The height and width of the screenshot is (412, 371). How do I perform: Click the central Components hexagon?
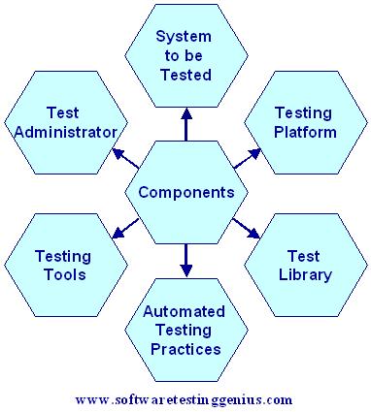coord(185,192)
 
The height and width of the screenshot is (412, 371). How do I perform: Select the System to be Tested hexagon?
coord(185,56)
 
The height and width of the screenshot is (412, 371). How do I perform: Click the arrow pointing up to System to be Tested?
coord(185,125)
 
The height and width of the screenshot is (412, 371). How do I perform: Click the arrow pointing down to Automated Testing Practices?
coord(185,257)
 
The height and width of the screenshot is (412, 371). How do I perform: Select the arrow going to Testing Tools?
coord(123,230)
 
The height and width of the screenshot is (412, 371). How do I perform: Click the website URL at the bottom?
coord(184,398)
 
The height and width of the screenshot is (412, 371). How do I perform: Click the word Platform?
coord(304,131)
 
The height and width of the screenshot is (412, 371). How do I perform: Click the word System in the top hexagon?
coord(185,37)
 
